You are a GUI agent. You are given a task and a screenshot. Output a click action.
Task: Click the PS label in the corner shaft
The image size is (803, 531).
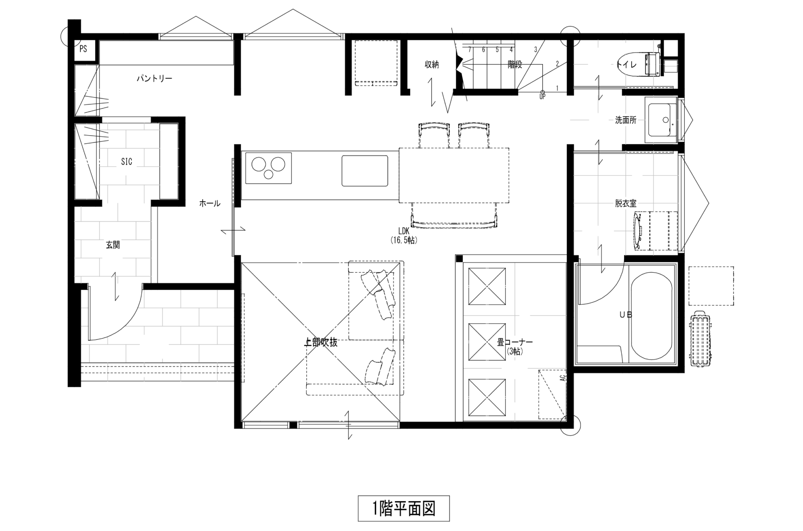(83, 49)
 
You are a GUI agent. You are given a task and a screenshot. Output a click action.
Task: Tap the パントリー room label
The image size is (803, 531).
(154, 78)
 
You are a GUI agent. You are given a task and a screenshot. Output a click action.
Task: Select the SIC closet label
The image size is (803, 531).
(126, 162)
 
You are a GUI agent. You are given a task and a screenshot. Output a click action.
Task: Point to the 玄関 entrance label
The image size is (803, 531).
(113, 245)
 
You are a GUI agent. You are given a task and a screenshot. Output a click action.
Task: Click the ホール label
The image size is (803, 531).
(210, 203)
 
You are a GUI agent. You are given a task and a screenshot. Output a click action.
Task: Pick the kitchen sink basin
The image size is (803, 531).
(364, 171)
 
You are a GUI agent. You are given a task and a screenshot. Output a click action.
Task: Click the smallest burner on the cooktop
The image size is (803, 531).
(268, 175)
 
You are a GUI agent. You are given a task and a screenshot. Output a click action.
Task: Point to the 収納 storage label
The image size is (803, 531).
(432, 64)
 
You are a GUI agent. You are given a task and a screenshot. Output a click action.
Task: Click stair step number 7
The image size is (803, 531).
(470, 50)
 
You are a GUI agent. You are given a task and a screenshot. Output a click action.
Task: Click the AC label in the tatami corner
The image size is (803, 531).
(563, 378)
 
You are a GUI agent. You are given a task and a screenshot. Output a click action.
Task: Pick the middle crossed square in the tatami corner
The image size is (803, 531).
(487, 342)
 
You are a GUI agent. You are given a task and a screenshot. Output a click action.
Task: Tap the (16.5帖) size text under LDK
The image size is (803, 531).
(404, 240)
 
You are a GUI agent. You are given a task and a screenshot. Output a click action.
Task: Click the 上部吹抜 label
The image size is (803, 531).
(321, 342)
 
